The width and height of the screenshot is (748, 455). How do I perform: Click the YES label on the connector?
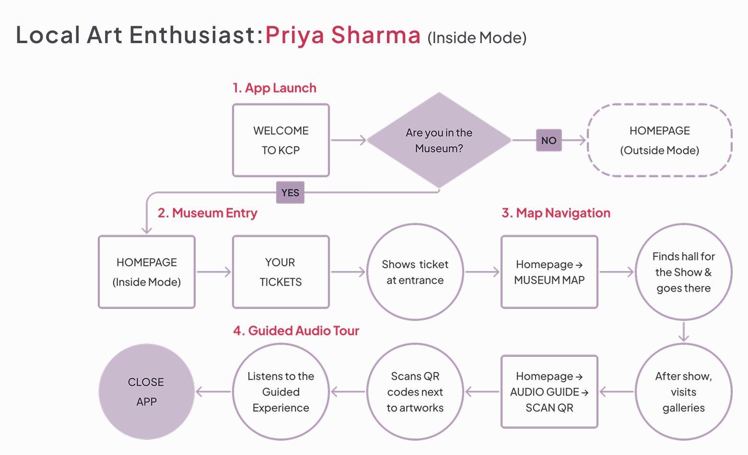[290, 193]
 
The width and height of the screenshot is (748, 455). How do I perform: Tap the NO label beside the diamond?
[549, 140]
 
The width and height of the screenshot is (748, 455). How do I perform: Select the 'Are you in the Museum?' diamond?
[439, 140]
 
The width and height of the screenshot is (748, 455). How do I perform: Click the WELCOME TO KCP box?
[281, 140]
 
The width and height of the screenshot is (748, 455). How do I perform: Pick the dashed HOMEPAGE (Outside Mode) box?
[659, 140]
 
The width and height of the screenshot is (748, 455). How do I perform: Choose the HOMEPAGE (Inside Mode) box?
[147, 272]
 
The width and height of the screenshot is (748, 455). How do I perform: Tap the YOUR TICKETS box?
[281, 272]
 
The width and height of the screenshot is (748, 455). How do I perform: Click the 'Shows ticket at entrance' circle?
[415, 272]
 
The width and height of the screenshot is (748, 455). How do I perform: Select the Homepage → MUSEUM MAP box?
[549, 272]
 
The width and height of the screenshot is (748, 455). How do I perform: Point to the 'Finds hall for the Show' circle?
[684, 272]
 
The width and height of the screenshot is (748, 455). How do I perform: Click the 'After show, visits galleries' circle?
[684, 392]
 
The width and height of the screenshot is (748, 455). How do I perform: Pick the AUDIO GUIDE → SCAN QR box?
[549, 392]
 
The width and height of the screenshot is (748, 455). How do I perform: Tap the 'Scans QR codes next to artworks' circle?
[415, 392]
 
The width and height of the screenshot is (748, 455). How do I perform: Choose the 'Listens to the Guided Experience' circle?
[281, 392]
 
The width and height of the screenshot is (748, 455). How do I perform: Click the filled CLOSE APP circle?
[147, 392]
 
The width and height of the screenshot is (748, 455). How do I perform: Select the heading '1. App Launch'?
[275, 88]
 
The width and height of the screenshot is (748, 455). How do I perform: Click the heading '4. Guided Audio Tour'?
[296, 331]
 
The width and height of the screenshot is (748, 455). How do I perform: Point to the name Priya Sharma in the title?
[343, 35]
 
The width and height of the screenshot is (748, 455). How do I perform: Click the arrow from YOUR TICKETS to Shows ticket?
[348, 272]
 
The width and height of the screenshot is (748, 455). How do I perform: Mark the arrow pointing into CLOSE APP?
[213, 392]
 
